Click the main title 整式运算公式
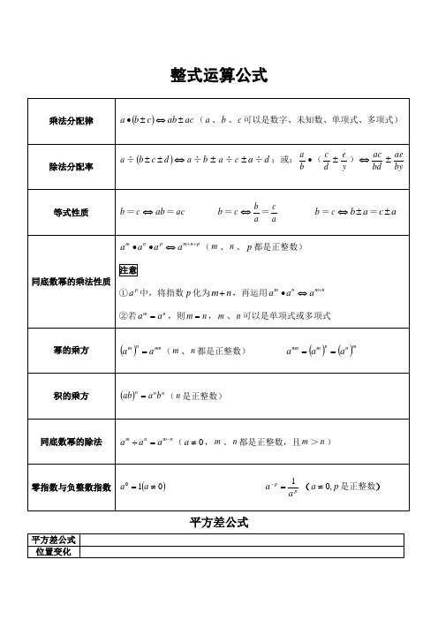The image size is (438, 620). point(218,76)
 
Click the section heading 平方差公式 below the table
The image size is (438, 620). point(219,521)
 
